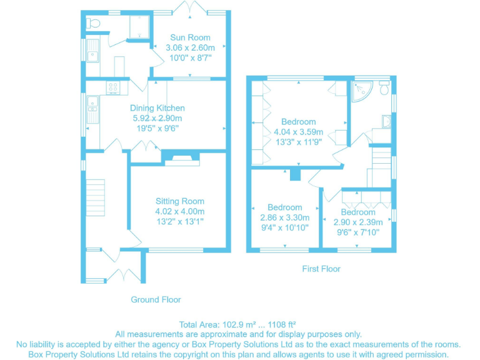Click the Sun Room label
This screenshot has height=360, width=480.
[190, 37]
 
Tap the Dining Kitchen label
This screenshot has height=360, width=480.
[157, 108]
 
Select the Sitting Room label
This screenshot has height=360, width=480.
[180, 201]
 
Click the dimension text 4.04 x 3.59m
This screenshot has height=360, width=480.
[298, 132]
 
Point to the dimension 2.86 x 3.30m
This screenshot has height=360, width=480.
[284, 217]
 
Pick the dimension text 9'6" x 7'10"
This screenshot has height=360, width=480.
[358, 232]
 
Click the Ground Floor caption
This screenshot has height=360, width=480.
[156, 299]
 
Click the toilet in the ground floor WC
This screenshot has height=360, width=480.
[94, 23]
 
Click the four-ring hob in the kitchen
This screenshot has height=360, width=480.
[114, 87]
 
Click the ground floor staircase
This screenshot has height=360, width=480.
[96, 191]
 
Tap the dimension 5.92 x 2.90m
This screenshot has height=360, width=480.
[157, 118]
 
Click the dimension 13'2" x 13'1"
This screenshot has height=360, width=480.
[180, 221]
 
